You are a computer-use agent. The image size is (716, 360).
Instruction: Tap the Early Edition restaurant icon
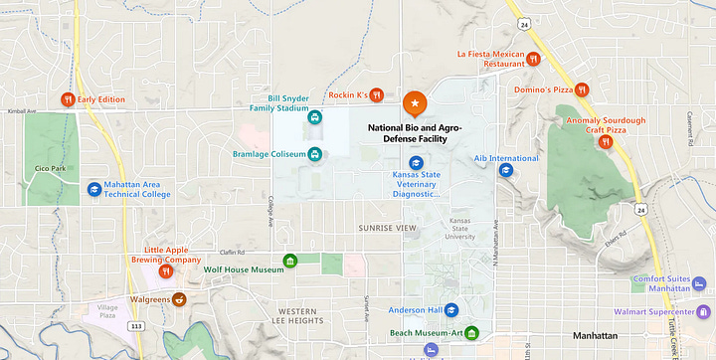point(68,98)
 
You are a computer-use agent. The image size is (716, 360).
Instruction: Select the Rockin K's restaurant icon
point(377,95)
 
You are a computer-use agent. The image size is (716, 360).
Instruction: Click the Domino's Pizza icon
point(584,90)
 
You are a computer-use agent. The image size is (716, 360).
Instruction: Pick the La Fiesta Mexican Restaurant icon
point(534,59)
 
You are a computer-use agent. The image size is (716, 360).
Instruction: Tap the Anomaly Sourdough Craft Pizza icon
point(605,141)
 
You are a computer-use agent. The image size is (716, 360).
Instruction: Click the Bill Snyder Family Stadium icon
point(315,116)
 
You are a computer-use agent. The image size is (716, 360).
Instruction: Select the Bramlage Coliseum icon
point(315,154)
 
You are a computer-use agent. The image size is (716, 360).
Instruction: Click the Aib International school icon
point(505,170)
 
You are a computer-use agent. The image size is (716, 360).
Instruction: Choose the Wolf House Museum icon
point(290,262)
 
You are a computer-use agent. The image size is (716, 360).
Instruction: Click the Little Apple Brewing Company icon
point(167,270)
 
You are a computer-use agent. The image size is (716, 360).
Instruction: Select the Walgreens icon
point(180,298)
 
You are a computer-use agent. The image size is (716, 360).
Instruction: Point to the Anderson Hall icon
point(451,309)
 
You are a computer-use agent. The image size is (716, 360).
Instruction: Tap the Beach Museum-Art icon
point(472,332)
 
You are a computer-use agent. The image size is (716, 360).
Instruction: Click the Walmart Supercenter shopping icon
point(705,312)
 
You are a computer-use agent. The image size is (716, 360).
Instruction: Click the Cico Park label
point(49,168)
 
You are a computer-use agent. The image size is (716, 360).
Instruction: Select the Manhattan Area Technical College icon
point(93,187)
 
